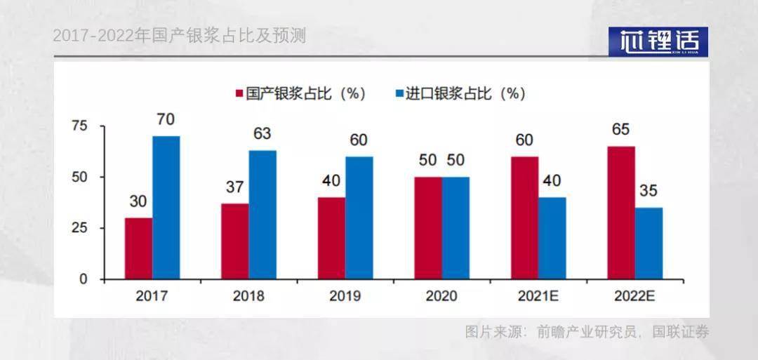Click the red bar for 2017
pyautogui.click(x=138, y=248)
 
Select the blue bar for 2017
pyautogui.click(x=166, y=208)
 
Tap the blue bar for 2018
pyautogui.click(x=262, y=215)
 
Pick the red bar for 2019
pyautogui.click(x=331, y=239)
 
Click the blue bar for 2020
pyautogui.click(x=456, y=228)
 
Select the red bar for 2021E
pyautogui.click(x=524, y=218)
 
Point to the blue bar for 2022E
pyautogui.click(x=649, y=244)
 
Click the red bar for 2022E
pyautogui.click(x=621, y=213)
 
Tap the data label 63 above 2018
pyautogui.click(x=262, y=133)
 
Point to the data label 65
pyautogui.click(x=620, y=129)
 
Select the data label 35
pyautogui.click(x=649, y=191)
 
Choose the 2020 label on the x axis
pyautogui.click(x=441, y=296)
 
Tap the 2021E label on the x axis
pyautogui.click(x=538, y=296)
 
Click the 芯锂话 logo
pyautogui.click(x=658, y=41)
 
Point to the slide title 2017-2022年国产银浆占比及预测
pyautogui.click(x=180, y=36)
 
